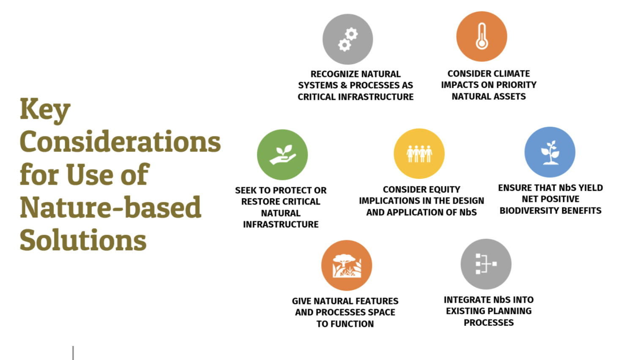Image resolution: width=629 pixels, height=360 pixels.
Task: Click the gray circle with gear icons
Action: point(347,39)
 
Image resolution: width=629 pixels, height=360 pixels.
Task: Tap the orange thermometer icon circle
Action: point(481,36)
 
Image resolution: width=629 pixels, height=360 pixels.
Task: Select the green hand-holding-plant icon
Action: point(282,155)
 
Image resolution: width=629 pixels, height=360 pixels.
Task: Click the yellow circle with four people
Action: point(419,153)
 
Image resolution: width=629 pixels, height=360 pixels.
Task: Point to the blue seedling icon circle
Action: point(550,152)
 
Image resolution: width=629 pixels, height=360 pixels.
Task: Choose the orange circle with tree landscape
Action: point(347,265)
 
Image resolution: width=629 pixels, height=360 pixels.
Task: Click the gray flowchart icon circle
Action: point(486,264)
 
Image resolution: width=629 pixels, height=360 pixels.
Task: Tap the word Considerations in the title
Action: point(120,142)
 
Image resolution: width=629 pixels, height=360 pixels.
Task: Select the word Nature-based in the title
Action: point(111,207)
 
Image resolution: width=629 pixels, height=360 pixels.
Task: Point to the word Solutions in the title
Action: point(83,240)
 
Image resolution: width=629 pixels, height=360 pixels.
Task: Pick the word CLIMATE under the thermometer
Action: point(509,74)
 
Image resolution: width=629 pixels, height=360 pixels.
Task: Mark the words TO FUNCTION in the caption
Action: point(345,324)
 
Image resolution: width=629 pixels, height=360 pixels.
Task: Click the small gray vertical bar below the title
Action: point(73,353)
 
